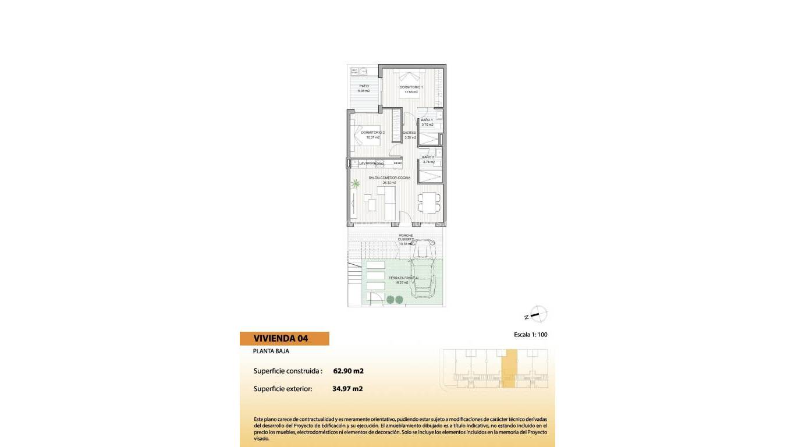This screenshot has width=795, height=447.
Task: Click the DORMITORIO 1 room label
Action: click(411, 87)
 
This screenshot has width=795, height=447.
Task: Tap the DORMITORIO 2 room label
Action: click(372, 133)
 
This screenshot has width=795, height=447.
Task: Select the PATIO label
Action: click(364, 86)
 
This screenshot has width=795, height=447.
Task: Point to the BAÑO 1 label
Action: click(427, 120)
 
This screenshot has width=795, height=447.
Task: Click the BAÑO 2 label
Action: click(428, 157)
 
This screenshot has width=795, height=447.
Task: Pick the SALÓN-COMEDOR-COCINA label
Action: click(389, 177)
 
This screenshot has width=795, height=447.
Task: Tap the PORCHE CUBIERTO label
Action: click(406, 237)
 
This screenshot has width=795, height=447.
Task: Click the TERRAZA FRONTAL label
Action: click(404, 278)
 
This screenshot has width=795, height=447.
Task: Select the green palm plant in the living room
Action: click(355, 184)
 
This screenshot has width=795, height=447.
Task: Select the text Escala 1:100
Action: click(531, 335)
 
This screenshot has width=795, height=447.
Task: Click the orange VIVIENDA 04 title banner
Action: click(284, 338)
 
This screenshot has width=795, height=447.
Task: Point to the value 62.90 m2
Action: click(348, 371)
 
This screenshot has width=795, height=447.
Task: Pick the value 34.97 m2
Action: click(347, 388)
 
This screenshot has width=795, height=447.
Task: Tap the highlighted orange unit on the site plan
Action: click(509, 368)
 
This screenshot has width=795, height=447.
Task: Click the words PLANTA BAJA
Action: click(271, 351)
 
